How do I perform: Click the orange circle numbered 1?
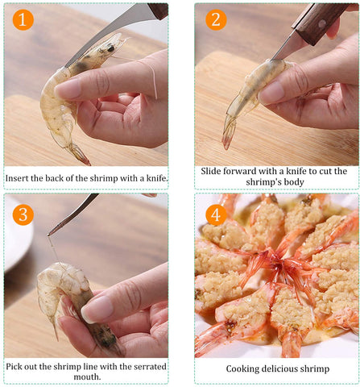click(x=23, y=19)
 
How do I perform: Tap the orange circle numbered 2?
click(x=216, y=19)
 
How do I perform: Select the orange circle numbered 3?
click(x=23, y=214)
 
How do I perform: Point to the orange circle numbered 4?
click(x=216, y=214)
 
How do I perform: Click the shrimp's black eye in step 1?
click(x=110, y=48)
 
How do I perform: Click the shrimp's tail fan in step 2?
click(x=229, y=133)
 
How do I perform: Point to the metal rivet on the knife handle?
click(x=322, y=24)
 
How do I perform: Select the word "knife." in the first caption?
click(x=157, y=178)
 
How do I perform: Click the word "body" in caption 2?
click(x=296, y=182)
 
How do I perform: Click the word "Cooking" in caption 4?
click(x=242, y=369)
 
